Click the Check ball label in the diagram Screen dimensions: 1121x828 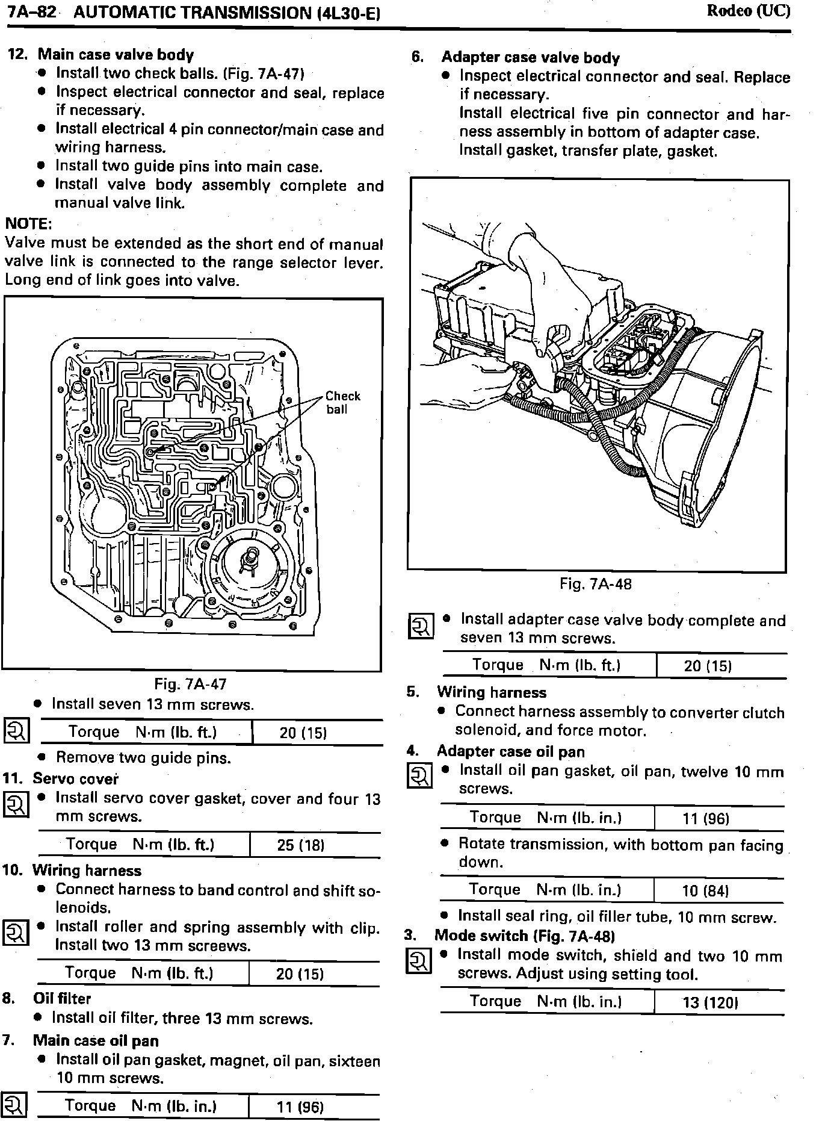tap(342, 403)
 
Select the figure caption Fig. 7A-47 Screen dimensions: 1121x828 tap(190, 684)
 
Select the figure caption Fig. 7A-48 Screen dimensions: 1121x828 tap(595, 583)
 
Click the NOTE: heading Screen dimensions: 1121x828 tap(28, 224)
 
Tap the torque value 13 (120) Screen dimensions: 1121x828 tap(710, 1002)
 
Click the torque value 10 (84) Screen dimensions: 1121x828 tap(706, 890)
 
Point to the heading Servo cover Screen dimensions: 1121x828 tap(75, 778)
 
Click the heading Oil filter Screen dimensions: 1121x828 tap(62, 998)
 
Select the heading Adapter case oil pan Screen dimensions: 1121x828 tap(510, 751)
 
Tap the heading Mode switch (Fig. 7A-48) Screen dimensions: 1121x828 tap(524, 936)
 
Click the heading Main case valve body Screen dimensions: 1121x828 tap(116, 55)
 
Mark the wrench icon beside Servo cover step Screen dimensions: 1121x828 tap(16, 804)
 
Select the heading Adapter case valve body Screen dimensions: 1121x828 tap(530, 58)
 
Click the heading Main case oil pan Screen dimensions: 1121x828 tap(96, 1040)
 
